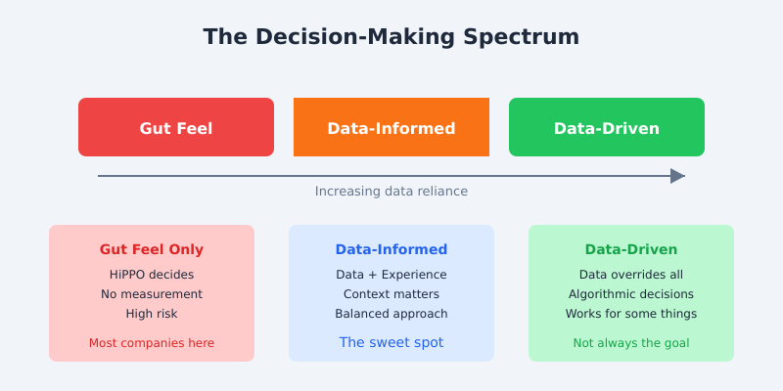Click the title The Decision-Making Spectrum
[391, 37]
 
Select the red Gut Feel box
[176, 127]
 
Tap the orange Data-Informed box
[391, 127]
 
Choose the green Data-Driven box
[607, 127]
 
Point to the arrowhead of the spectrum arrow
[677, 176]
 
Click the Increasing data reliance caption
[391, 192]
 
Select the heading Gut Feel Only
[152, 249]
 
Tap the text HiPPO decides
[152, 275]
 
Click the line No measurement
[152, 294]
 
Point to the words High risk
[152, 314]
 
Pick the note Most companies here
[152, 343]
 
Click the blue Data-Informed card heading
[391, 249]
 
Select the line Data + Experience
[391, 275]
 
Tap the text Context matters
[391, 294]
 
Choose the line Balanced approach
[391, 314]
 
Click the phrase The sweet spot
[391, 343]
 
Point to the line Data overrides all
[631, 275]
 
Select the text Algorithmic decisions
[631, 294]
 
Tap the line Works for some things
[631, 314]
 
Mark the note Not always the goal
[631, 343]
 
